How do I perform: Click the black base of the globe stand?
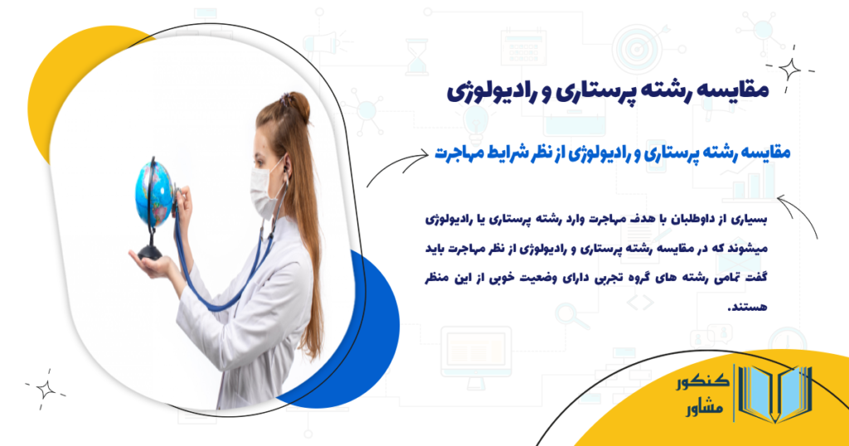[150, 251]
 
